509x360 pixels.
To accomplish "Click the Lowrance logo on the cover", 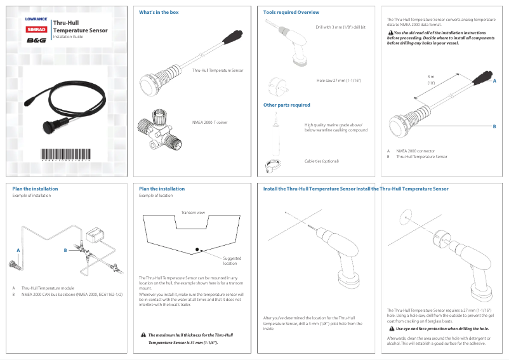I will pyautogui.click(x=36, y=19).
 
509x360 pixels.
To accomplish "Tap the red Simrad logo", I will pyautogui.click(x=36, y=29).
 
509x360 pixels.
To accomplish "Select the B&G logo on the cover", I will pyautogui.click(x=36, y=41).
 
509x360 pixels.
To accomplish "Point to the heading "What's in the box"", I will pyautogui.click(x=159, y=13).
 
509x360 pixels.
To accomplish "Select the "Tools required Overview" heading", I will pyautogui.click(x=291, y=13).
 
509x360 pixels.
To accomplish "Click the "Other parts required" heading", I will pyautogui.click(x=287, y=105).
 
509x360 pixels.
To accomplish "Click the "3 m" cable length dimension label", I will pyautogui.click(x=430, y=77).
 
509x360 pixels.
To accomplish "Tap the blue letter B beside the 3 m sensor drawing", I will pyautogui.click(x=494, y=127).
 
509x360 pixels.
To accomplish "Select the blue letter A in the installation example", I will pyautogui.click(x=19, y=251).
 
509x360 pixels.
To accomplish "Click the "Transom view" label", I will pyautogui.click(x=192, y=212).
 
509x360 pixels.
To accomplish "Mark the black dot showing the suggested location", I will pyautogui.click(x=197, y=249).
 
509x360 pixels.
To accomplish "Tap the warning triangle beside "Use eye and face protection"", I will pyautogui.click(x=391, y=329).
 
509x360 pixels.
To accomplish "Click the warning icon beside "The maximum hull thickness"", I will pyautogui.click(x=143, y=335).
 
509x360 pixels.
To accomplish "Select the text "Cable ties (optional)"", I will pyautogui.click(x=321, y=161).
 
